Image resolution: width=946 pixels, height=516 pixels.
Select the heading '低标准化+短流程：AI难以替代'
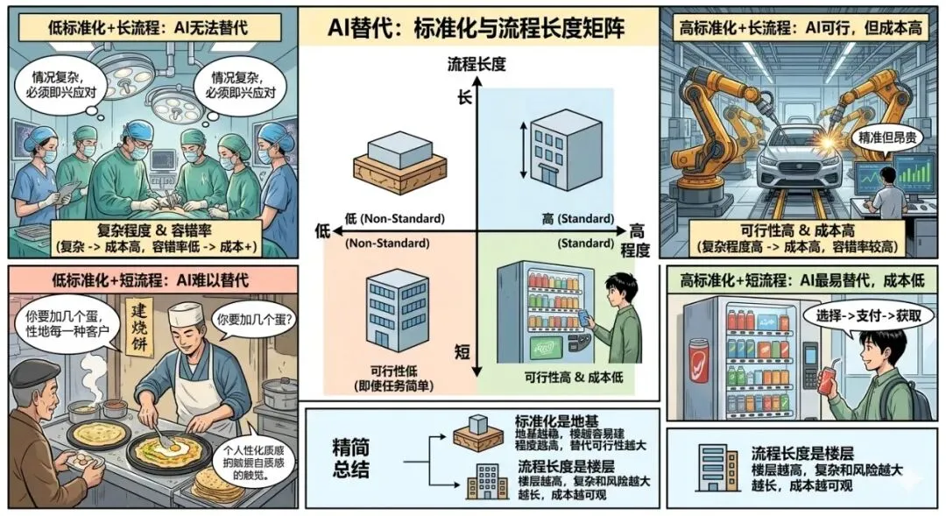[149, 280]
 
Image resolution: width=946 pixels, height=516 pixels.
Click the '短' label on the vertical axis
[463, 351]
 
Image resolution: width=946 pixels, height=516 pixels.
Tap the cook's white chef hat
[187, 315]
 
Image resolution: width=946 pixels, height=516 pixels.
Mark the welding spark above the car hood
[827, 138]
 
